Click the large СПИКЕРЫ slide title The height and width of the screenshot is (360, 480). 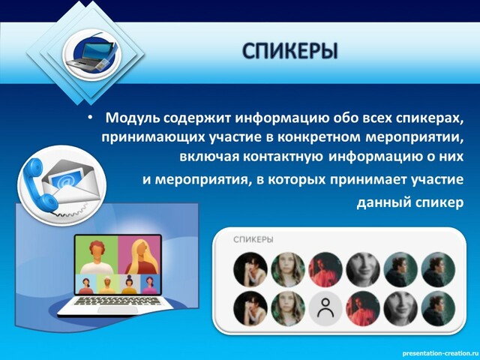click(x=289, y=51)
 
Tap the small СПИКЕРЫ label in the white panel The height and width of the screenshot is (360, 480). click(x=253, y=239)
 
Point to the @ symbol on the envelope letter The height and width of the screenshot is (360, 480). click(x=64, y=181)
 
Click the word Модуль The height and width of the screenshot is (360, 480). click(x=133, y=118)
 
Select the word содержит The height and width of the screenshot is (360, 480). click(x=196, y=118)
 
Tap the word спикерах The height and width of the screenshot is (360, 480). click(x=430, y=118)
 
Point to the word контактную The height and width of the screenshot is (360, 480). click(x=283, y=157)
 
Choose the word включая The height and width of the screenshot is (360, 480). click(x=209, y=157)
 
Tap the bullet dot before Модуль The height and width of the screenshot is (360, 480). click(x=90, y=118)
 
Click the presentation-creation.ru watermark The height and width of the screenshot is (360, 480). click(x=440, y=353)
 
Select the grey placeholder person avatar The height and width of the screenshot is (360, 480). click(x=325, y=308)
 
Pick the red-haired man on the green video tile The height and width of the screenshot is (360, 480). click(x=97, y=257)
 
